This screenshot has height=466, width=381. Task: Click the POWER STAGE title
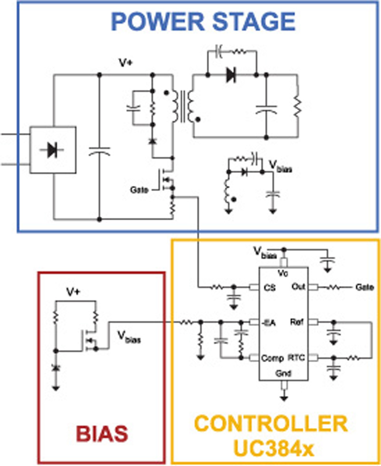click(203, 21)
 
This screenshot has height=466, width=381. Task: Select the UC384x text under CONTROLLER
click(273, 448)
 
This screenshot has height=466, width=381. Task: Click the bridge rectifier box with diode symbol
click(52, 150)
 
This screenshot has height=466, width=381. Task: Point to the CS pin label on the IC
click(270, 288)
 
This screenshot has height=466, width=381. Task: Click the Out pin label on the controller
click(299, 287)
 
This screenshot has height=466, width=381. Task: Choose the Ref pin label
click(297, 322)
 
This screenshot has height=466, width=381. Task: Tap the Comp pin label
click(272, 358)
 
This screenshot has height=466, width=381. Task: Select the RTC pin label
click(296, 357)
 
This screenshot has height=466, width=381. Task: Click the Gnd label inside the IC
click(283, 373)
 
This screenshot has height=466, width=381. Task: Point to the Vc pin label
click(283, 273)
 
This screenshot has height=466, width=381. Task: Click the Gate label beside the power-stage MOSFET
click(139, 190)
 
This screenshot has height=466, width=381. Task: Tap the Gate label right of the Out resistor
click(365, 287)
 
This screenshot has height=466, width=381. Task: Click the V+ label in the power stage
click(126, 63)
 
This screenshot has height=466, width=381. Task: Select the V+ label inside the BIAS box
click(73, 292)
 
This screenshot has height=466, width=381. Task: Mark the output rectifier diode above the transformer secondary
click(231, 75)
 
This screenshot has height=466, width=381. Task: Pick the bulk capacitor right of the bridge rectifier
click(100, 151)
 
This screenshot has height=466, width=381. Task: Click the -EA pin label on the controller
click(269, 323)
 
